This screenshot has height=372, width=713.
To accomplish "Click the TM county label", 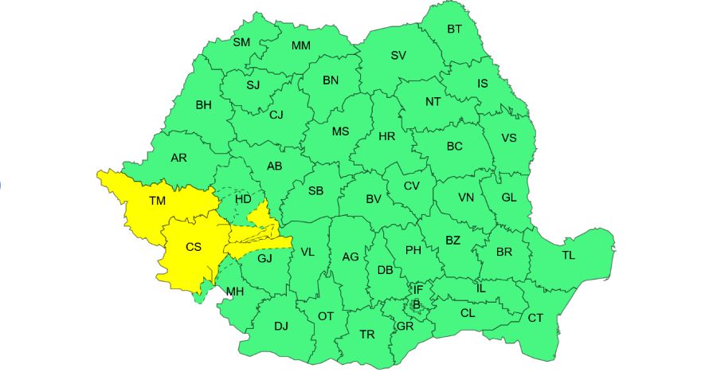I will tap(157, 202).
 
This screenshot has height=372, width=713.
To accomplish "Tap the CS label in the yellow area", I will tap(194, 247).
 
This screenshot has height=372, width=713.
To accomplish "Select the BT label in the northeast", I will tap(454, 29).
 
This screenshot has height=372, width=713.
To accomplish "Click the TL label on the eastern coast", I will tap(568, 255).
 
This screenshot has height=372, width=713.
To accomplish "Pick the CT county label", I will tap(535, 318).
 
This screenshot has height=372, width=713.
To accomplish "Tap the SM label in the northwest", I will tap(241, 42).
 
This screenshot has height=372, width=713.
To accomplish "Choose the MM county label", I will tap(300, 45).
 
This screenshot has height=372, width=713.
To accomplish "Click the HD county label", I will tap(243, 198).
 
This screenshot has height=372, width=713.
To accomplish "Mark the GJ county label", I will tap(264, 257).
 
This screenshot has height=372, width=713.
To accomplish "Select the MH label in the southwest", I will tap(234, 292).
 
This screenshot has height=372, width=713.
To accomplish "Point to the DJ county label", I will tap(281, 325).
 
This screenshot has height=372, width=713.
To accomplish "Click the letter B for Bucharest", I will tap(416, 303).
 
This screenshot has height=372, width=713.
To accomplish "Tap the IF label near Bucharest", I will tap(417, 288).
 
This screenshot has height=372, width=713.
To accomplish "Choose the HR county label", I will tap(387, 136).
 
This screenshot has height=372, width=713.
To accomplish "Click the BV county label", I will tap(374, 199).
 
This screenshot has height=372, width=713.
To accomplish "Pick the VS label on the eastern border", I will tap(508, 138).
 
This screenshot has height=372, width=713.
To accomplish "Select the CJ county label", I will tap(276, 115).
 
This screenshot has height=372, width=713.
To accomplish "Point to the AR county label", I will tap(178, 158).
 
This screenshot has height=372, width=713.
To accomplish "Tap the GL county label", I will tap(509, 198).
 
